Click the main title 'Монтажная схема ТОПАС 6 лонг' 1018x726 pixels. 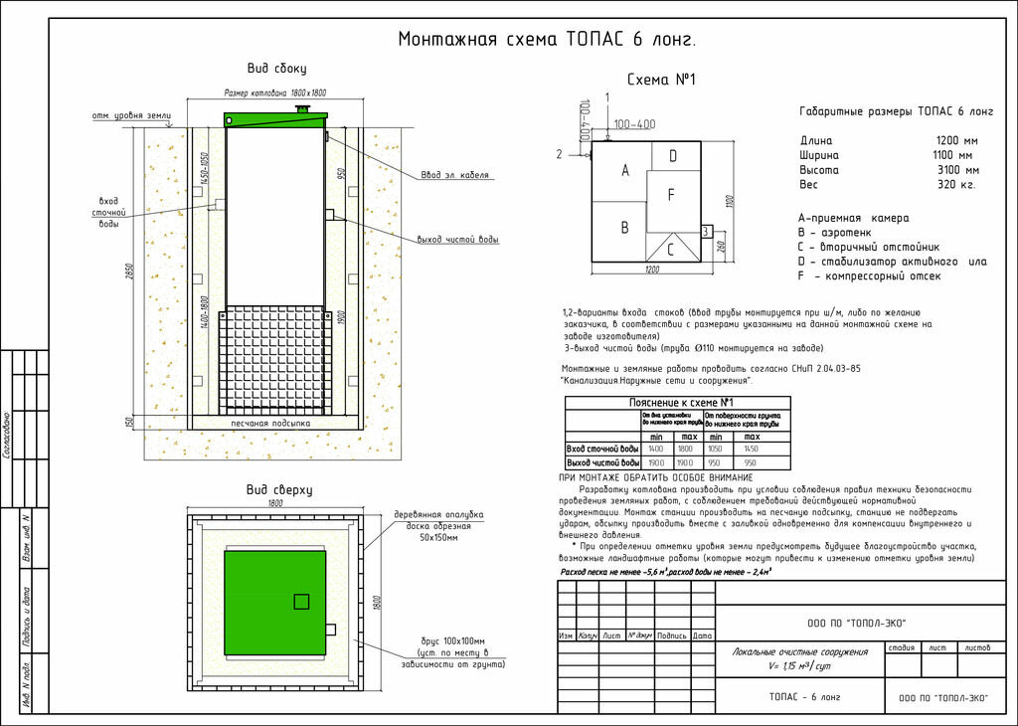click(x=547, y=40)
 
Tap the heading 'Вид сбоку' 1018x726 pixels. click(x=276, y=69)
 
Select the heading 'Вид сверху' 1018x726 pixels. click(x=279, y=489)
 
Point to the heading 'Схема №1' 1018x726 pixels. click(x=661, y=80)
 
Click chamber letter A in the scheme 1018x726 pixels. click(x=625, y=171)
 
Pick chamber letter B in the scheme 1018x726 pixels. click(x=624, y=227)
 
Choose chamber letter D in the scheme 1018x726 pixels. click(x=673, y=155)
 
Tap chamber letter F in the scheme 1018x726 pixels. click(x=671, y=195)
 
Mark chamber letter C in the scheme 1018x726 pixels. click(x=670, y=250)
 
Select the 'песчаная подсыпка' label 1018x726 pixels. click(x=270, y=423)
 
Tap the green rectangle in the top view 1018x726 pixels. click(x=274, y=603)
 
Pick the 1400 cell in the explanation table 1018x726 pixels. click(x=655, y=450)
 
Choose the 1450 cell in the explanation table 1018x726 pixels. click(x=751, y=450)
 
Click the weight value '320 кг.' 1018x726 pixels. click(x=956, y=185)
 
